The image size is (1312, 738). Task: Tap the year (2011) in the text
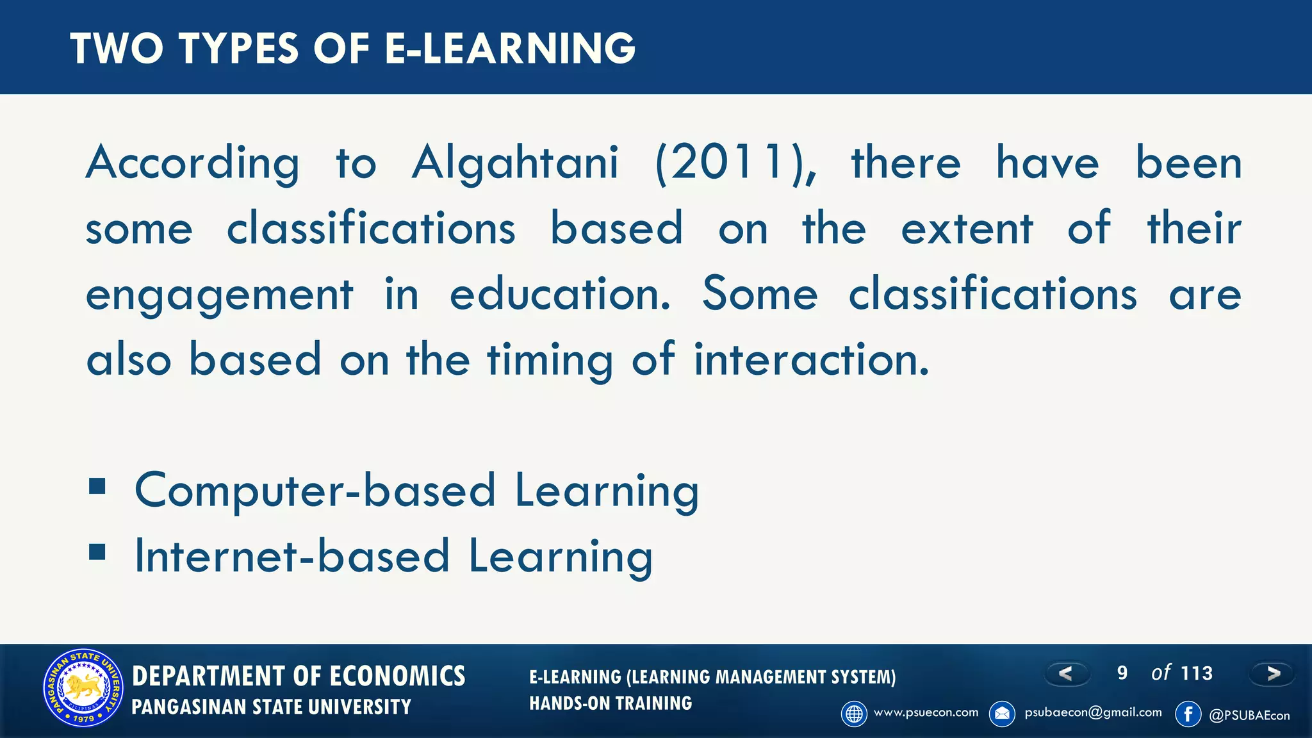click(736, 163)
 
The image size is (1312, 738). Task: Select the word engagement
click(219, 295)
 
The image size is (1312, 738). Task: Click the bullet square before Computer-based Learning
click(97, 487)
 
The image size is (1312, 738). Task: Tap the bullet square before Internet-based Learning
click(97, 552)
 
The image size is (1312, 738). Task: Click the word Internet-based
click(292, 556)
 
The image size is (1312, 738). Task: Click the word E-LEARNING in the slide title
click(510, 49)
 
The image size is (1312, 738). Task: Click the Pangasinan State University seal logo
click(83, 688)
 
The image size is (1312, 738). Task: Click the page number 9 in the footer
click(1122, 673)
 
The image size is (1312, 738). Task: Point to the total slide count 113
click(1196, 673)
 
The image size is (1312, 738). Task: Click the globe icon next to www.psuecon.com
click(854, 714)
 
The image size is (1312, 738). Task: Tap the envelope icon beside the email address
click(1002, 714)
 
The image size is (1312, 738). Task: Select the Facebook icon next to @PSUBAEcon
click(1188, 714)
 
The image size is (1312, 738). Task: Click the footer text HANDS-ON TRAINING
click(610, 703)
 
